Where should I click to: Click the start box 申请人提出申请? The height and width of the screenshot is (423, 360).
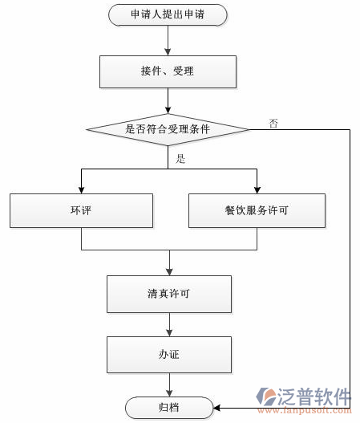pos(167,14)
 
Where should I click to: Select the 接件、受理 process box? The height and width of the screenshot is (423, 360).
pos(167,71)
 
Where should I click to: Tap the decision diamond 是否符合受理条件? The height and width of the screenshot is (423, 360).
pos(167,128)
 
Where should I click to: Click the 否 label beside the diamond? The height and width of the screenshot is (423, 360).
pos(273,123)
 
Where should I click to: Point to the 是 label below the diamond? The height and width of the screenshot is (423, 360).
pos(180,158)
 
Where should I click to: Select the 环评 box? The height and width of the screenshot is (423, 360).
pos(80,210)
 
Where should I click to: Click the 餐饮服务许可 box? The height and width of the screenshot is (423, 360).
pos(257,210)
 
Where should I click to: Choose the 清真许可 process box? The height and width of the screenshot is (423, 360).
pos(169,294)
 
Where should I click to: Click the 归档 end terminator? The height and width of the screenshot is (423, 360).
pos(169,407)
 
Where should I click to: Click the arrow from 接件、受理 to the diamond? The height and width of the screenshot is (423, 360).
pos(167,100)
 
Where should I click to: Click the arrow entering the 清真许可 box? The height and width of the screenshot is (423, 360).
pos(169,265)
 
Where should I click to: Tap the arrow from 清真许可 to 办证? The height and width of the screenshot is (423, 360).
pos(169,324)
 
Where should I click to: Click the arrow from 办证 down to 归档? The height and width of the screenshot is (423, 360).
pos(169,384)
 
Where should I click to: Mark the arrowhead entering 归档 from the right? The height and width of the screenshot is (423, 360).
pos(219,407)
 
